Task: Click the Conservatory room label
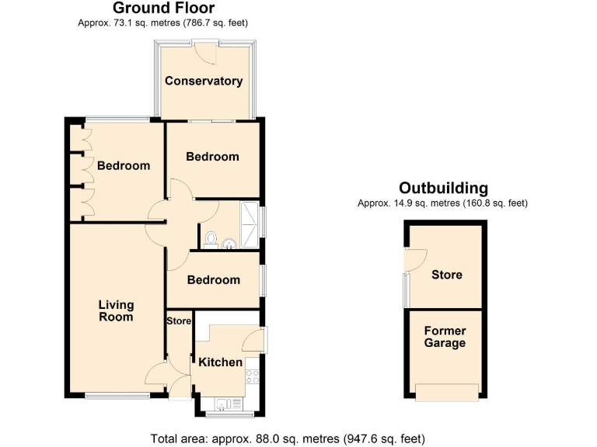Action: [x=204, y=81]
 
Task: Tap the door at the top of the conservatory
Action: [x=206, y=49]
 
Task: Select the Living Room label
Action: [x=116, y=310]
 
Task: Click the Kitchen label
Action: [x=221, y=362]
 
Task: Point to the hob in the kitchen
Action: [x=253, y=377]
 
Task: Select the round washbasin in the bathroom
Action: [x=229, y=246]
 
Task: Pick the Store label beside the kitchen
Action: [x=179, y=321]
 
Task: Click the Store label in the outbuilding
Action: [x=446, y=275]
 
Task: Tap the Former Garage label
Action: [x=445, y=337]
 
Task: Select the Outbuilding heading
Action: [x=443, y=188]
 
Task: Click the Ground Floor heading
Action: [x=164, y=9]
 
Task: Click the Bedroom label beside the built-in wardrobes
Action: [x=124, y=165]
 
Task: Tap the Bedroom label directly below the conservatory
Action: [x=212, y=157]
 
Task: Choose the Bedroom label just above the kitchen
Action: [x=213, y=279]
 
